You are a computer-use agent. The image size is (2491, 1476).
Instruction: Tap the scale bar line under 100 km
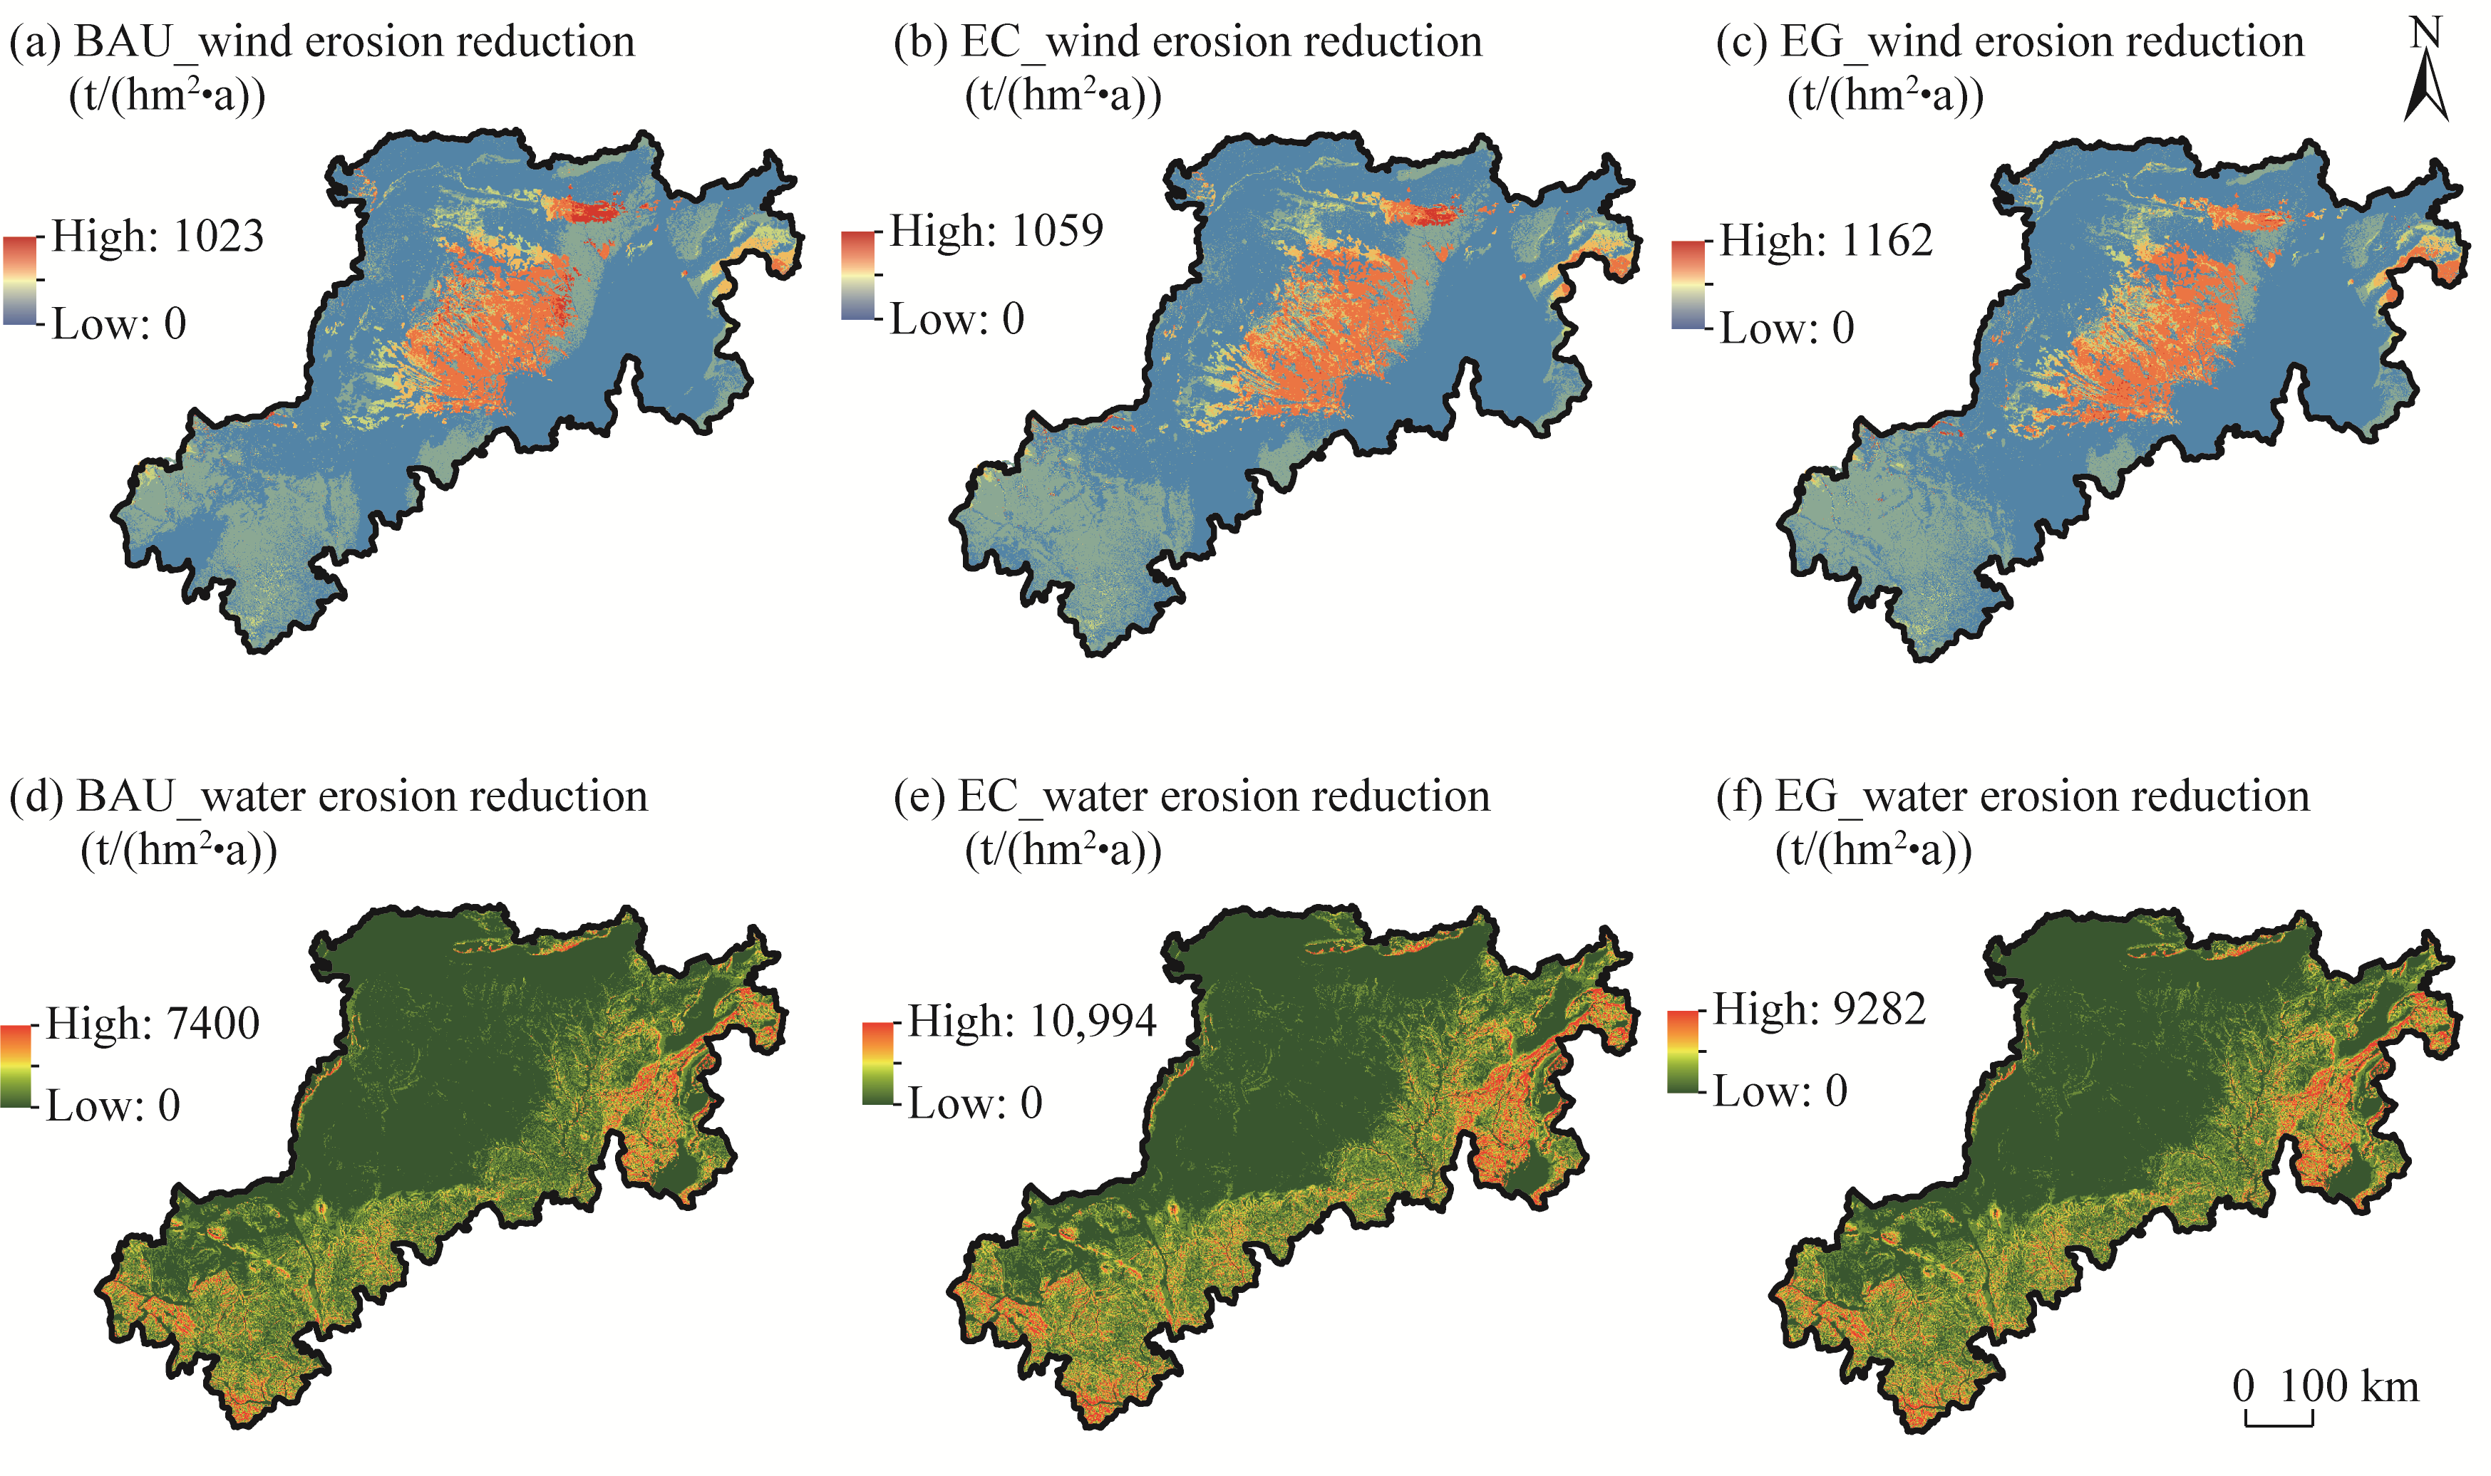[2278, 1423]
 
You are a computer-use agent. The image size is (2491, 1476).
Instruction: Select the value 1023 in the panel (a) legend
[218, 237]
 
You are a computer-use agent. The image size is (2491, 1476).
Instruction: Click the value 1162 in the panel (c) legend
[1885, 241]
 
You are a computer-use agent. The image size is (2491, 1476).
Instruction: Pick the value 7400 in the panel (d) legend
[214, 1024]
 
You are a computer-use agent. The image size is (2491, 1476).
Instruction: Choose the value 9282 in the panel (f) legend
[1880, 1009]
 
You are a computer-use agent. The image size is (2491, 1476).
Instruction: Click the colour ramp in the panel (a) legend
[20, 281]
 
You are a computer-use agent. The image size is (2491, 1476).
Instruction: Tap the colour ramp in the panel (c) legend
[1688, 284]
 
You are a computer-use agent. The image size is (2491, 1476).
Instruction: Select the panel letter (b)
[918, 43]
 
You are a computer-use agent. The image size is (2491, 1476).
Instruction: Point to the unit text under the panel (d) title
[178, 851]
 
